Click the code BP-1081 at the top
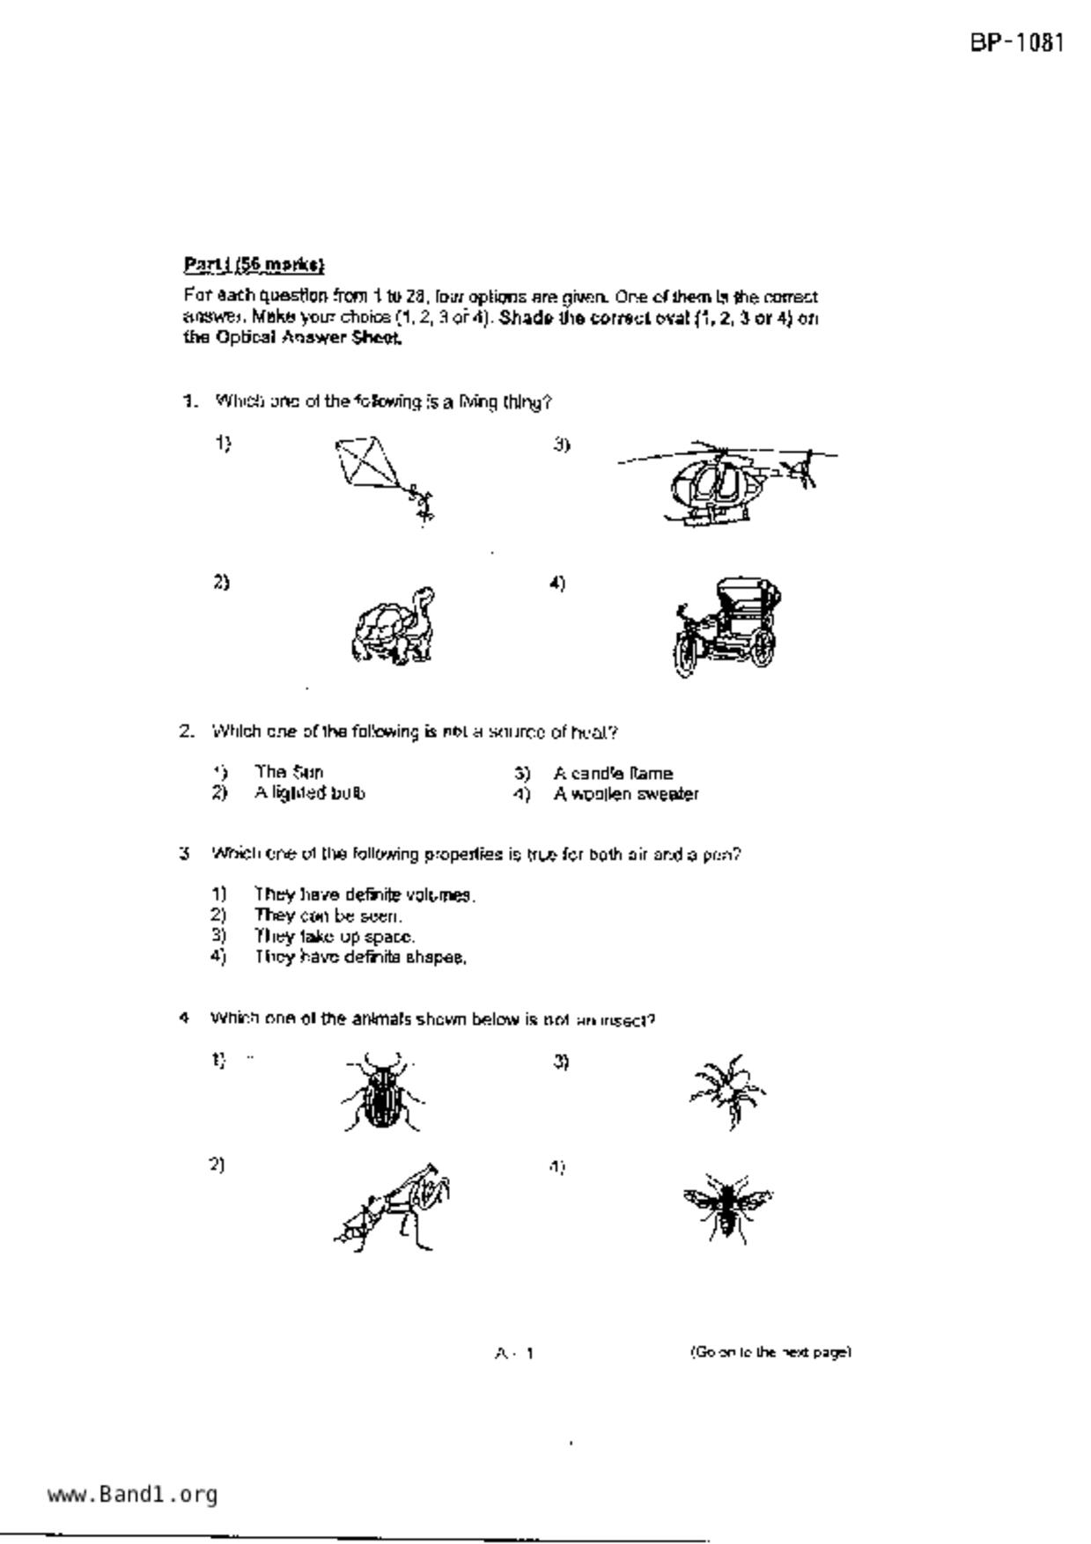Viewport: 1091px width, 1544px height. tap(1018, 42)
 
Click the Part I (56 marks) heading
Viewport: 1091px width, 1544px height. tap(254, 264)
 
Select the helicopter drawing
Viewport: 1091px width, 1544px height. tap(726, 483)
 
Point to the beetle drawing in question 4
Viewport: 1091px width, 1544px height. tap(382, 1092)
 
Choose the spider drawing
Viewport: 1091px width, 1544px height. tap(727, 1091)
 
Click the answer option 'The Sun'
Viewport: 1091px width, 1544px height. tap(289, 772)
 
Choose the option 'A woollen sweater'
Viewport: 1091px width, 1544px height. tap(625, 794)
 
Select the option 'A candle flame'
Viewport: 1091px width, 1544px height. tap(613, 774)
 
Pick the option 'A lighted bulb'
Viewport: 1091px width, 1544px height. tap(309, 793)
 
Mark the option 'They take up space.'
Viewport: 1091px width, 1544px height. tap(335, 936)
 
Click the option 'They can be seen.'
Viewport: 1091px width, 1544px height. tap(328, 915)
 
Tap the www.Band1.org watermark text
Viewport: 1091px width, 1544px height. tap(132, 1494)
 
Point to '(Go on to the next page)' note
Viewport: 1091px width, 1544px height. tap(770, 1351)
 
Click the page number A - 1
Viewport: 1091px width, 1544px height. tap(514, 1353)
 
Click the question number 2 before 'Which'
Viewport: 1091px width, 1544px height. tap(187, 732)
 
